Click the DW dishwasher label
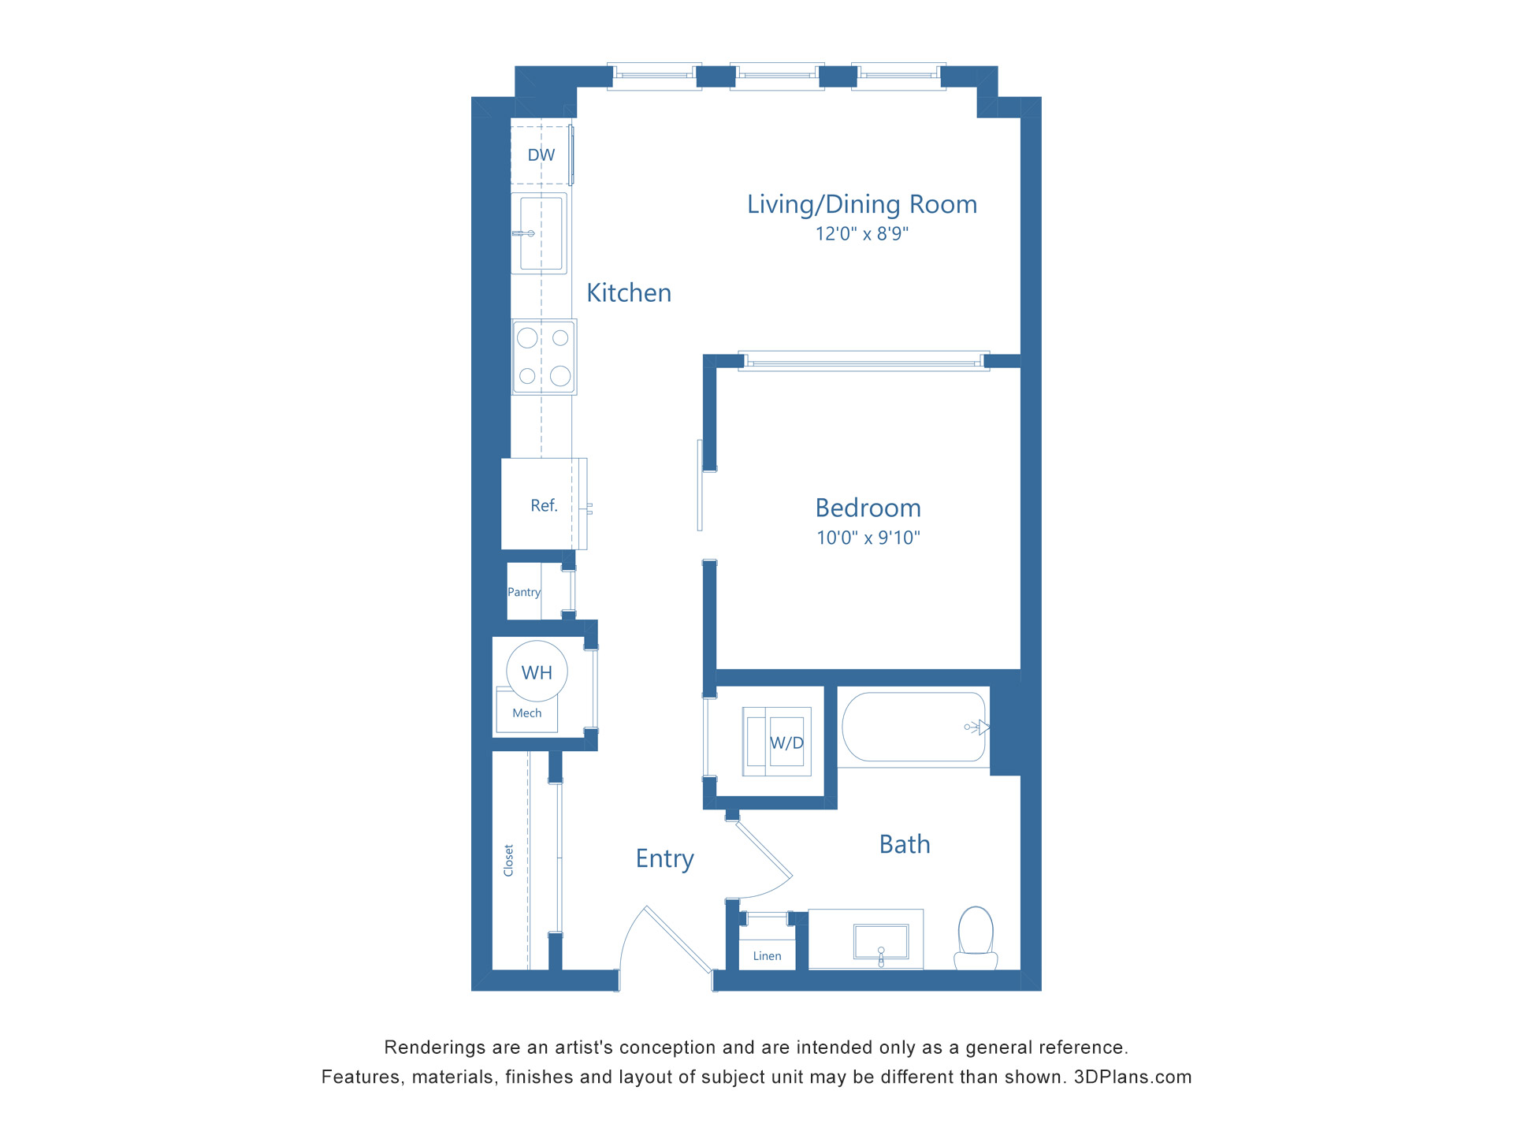pos(541,155)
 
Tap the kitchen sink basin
pos(541,233)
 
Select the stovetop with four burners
pos(544,357)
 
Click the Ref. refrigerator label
pos(544,506)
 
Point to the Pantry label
pos(524,592)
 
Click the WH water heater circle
pos(537,672)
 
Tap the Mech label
pos(527,713)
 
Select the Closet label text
pos(508,860)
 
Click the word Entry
pos(664,858)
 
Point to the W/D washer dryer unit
pos(777,742)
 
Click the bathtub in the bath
pos(913,727)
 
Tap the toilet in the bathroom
pos(976,938)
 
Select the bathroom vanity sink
pos(881,943)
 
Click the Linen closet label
pos(767,956)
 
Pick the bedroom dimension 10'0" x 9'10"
pos(868,538)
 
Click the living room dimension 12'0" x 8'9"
pos(861,234)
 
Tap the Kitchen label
pos(629,293)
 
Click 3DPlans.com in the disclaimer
pos(1132,1077)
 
